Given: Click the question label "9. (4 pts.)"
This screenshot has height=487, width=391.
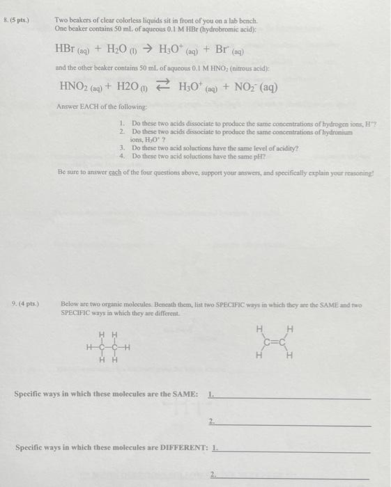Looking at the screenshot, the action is [x=25, y=304].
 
